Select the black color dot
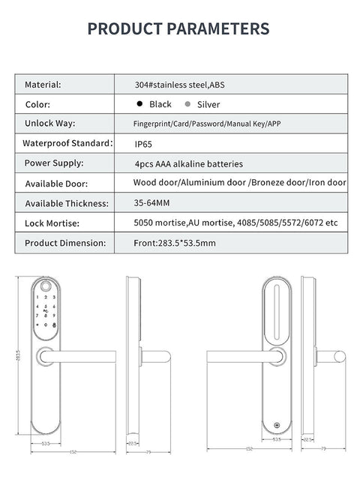tap(139, 104)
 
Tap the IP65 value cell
tap(142, 142)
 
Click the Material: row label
tap(48, 85)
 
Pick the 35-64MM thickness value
tap(153, 202)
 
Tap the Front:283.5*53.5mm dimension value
tap(174, 243)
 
